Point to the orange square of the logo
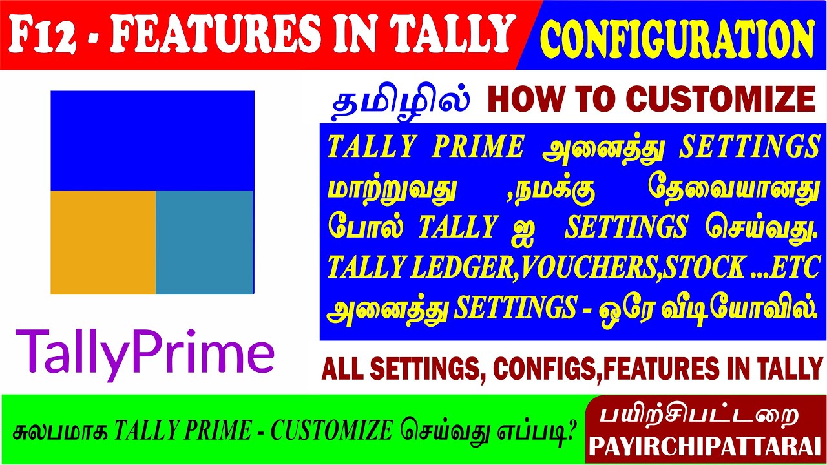(103, 242)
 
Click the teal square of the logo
(204, 242)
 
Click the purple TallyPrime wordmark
(145, 352)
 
